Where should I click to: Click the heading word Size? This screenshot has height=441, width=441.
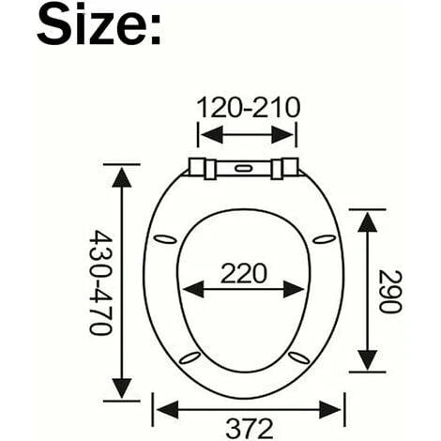click(x=99, y=25)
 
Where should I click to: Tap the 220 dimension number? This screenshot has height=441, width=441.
click(x=245, y=273)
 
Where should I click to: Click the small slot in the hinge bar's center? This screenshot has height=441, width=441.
click(x=247, y=169)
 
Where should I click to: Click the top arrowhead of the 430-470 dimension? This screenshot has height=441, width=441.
click(x=119, y=176)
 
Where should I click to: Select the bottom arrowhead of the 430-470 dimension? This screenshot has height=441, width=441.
click(x=119, y=386)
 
